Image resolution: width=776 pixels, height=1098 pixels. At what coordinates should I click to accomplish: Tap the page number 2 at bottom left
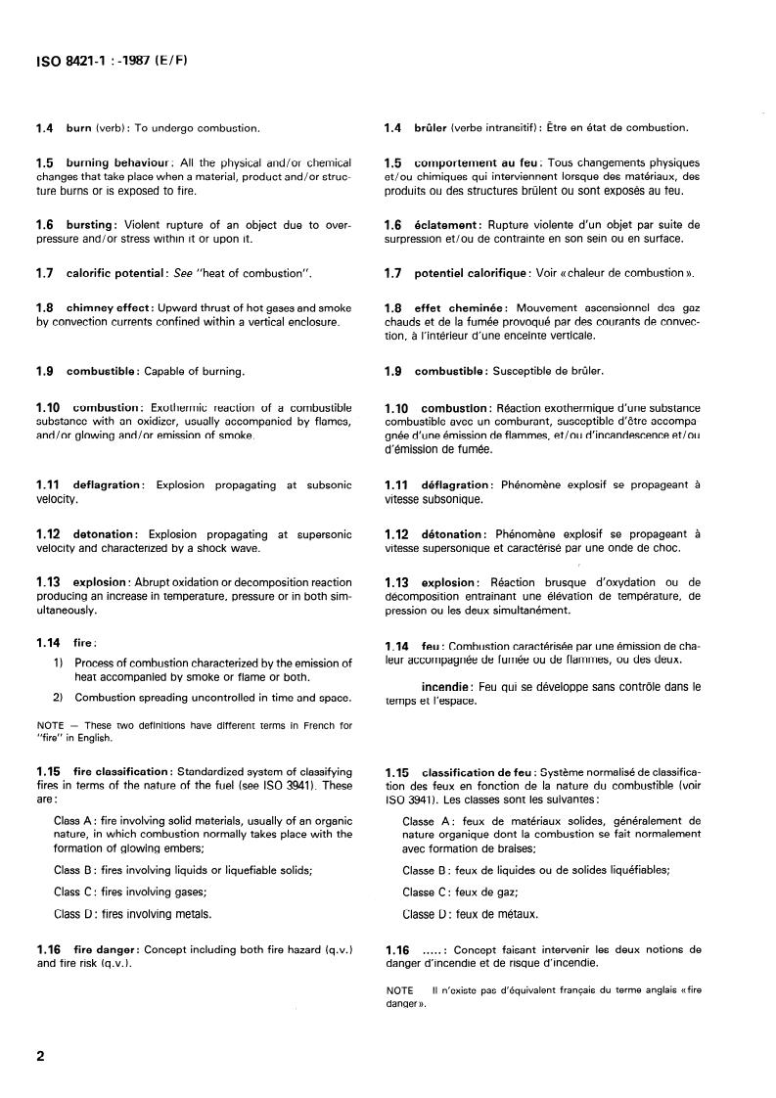point(40,1056)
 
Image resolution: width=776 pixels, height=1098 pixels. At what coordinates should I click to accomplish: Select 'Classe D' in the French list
point(425,915)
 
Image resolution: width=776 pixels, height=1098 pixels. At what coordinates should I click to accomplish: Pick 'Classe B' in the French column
point(425,869)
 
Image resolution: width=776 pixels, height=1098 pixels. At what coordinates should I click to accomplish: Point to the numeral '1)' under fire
point(59,663)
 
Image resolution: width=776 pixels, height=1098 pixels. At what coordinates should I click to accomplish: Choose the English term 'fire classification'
point(122,772)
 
